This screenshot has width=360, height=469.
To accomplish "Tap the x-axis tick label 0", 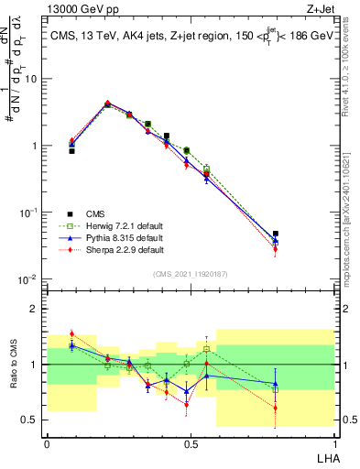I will (47, 442).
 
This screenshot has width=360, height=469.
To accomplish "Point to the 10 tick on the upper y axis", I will (29, 79).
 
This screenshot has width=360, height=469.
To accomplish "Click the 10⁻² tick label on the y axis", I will (28, 279).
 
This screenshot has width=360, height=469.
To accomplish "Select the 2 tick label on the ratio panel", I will (36, 309).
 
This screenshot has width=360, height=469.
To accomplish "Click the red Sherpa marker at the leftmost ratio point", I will (72, 333).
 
